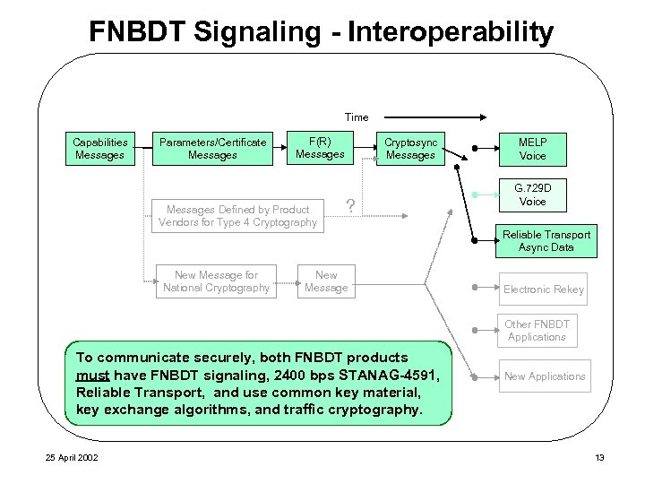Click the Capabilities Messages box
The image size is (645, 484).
(x=99, y=149)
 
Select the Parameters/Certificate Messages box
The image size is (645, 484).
(x=212, y=149)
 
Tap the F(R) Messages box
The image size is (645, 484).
(x=320, y=148)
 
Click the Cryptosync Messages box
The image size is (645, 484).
(x=410, y=149)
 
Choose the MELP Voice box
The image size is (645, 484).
(x=532, y=149)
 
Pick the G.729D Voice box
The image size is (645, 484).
(x=532, y=195)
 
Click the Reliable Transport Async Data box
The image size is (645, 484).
(x=546, y=241)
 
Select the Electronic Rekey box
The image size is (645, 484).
(x=543, y=290)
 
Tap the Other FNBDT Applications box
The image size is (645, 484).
(x=537, y=331)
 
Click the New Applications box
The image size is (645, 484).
(x=545, y=376)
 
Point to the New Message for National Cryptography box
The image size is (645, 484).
(x=216, y=281)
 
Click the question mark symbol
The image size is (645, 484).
(x=351, y=207)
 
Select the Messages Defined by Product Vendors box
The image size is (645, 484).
(x=237, y=216)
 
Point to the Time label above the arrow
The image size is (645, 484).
(x=357, y=117)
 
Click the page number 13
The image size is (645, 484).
(x=599, y=459)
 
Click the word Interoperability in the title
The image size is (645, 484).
(x=451, y=32)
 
